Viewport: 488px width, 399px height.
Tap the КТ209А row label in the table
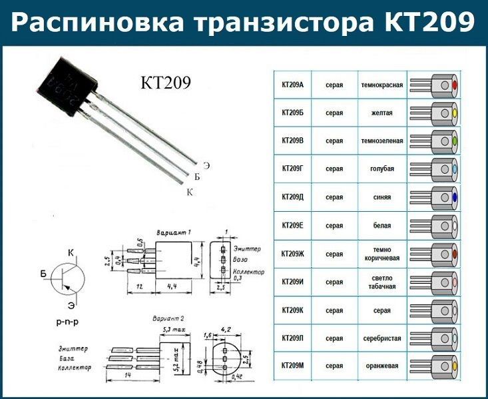292,85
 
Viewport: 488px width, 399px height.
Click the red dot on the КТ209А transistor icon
454,85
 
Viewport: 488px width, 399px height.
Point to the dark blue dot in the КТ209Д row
454,198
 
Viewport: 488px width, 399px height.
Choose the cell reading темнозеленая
382,141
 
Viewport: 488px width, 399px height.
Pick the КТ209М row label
292,366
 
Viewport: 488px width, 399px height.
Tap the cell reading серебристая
382,338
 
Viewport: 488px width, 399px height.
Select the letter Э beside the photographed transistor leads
206,165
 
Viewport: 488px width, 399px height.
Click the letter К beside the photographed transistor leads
190,192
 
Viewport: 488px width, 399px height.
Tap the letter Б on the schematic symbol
44,274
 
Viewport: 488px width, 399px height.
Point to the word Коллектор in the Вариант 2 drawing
74,368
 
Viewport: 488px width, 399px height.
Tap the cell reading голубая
382,169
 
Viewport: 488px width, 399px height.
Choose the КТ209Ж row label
292,254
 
